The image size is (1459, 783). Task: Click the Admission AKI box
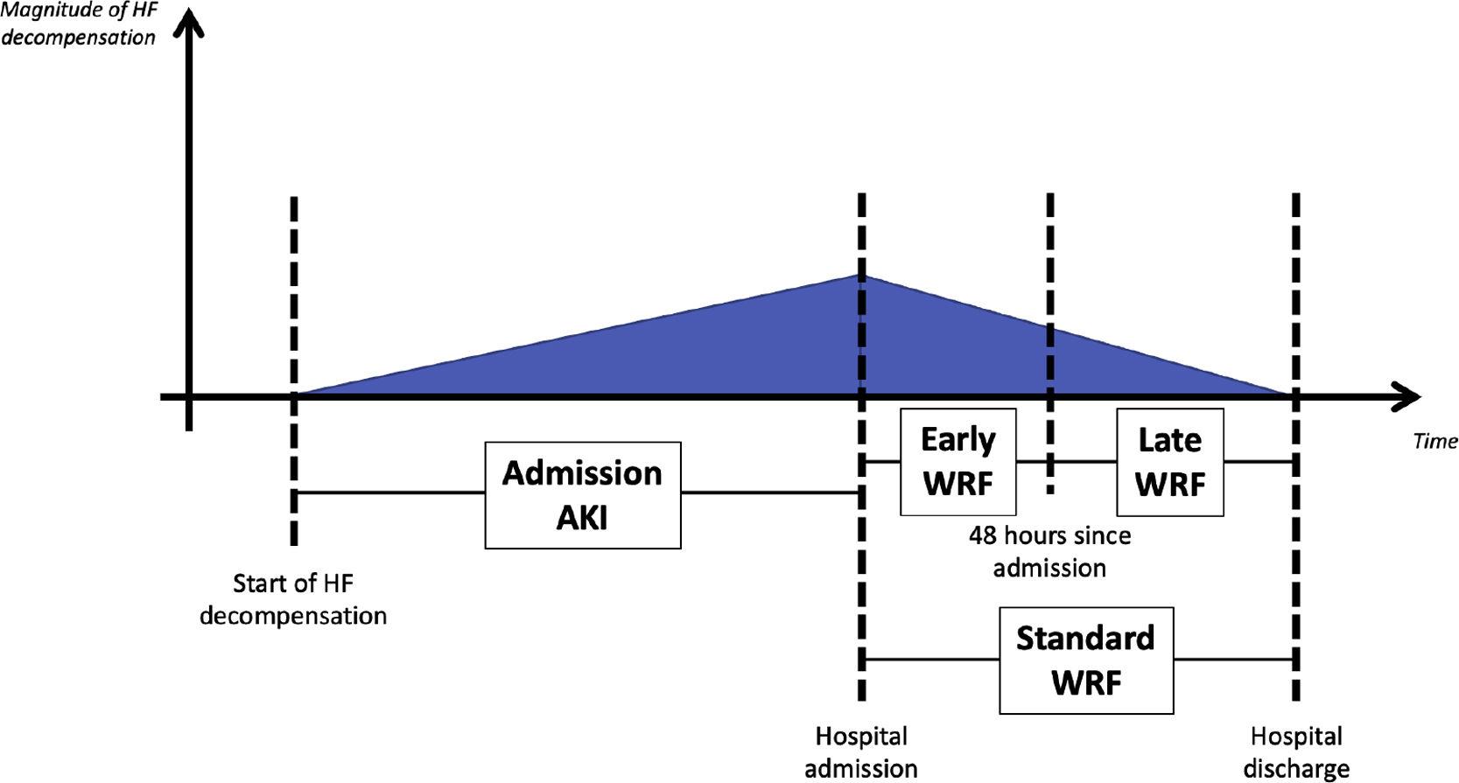[x=583, y=495]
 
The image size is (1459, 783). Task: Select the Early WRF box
[x=957, y=461]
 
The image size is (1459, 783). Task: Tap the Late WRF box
[x=1169, y=461]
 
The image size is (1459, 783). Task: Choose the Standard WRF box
[x=1085, y=661]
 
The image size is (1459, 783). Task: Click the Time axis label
[x=1434, y=441]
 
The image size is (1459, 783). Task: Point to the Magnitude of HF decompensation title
[x=79, y=24]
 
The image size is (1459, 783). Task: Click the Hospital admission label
[x=861, y=752]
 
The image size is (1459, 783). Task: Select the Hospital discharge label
[x=1295, y=752]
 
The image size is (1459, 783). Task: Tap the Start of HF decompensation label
[x=293, y=599]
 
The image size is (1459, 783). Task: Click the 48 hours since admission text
[x=1049, y=551]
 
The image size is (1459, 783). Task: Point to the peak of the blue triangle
[x=862, y=276]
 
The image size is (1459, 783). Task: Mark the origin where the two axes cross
[x=188, y=397]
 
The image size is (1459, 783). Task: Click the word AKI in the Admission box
[x=582, y=518]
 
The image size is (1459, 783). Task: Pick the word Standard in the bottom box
[x=1085, y=638]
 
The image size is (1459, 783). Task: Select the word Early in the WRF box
[x=957, y=439]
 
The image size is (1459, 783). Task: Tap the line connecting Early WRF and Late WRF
[x=1081, y=461]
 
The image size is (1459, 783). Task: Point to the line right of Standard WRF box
[x=1234, y=659]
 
